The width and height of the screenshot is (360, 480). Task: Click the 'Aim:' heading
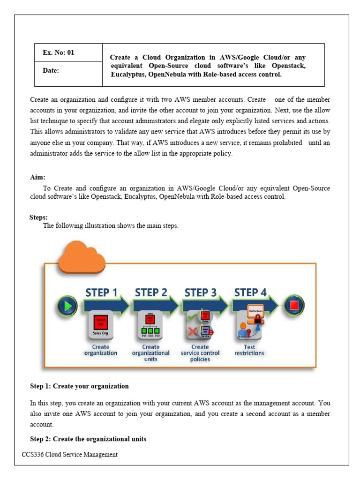coord(38,177)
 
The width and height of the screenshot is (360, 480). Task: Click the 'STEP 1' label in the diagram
coord(102,292)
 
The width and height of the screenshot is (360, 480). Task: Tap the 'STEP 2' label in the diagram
coord(150,292)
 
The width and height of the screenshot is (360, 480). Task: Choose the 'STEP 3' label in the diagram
coord(200,292)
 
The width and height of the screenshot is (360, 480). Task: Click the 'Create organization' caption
coord(101,350)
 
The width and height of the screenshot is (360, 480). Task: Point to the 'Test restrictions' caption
coord(249,350)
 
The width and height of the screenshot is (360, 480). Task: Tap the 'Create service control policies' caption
coord(200,353)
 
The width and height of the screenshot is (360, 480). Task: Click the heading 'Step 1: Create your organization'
coord(79,386)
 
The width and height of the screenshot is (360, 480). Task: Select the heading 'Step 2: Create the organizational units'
coord(88,439)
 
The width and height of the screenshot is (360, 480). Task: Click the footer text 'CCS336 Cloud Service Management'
coord(70,454)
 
